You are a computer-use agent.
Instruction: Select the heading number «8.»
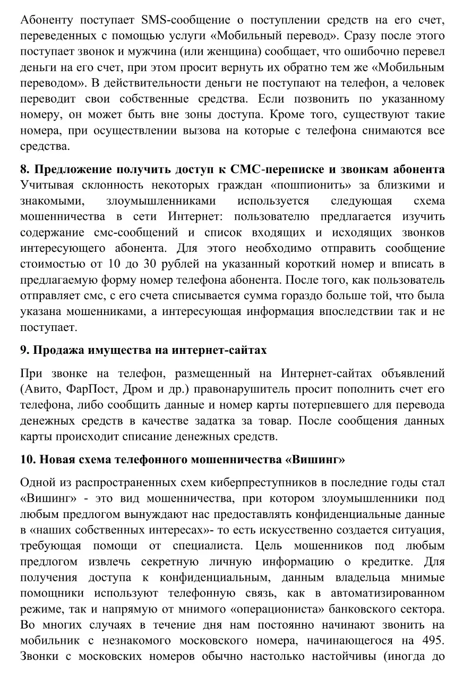pos(25,169)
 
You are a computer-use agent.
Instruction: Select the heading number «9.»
pos(25,350)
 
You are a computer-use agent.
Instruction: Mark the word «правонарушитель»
pos(232,389)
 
